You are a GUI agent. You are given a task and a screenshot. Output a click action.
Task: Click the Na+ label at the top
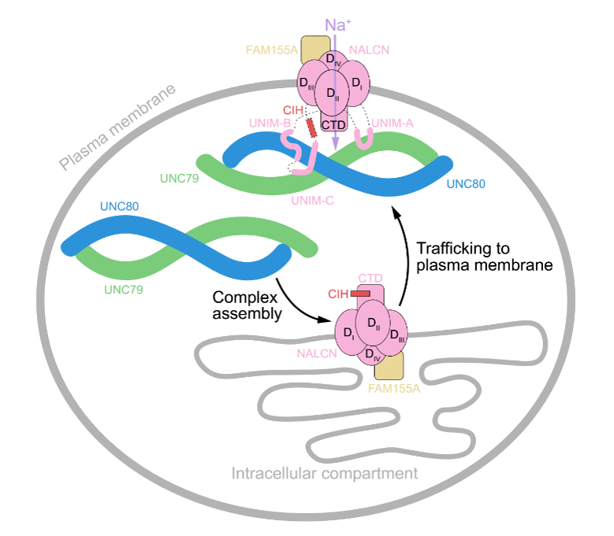click(x=338, y=24)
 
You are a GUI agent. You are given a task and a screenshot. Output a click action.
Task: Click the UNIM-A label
click(x=393, y=122)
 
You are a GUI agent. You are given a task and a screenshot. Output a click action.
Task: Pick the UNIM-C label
click(x=312, y=201)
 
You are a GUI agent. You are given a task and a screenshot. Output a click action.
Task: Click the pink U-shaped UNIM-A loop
click(x=364, y=139)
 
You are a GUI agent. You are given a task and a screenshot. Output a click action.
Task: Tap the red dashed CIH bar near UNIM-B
click(x=313, y=127)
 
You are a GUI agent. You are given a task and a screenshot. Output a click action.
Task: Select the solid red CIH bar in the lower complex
click(x=360, y=294)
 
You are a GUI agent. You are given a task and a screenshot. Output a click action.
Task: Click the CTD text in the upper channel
click(x=336, y=124)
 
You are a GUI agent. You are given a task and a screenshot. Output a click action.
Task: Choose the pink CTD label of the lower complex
click(x=370, y=278)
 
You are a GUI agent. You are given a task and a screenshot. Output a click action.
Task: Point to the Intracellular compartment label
click(x=325, y=473)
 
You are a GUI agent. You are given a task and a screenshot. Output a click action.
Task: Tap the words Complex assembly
click(x=247, y=305)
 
